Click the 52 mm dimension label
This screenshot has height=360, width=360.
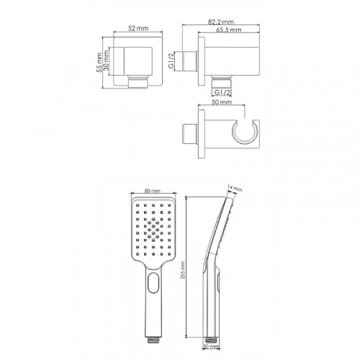coord(138,28)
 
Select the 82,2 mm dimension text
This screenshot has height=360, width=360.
coord(221,22)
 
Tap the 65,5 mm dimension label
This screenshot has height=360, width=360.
coord(229,30)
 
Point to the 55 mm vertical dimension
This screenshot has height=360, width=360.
coord(99,63)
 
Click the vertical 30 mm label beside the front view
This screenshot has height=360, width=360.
coord(106,61)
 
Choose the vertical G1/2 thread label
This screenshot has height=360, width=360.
coord(171,61)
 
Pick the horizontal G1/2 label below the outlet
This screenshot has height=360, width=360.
coord(222,92)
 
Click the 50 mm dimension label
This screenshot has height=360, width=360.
coord(222,102)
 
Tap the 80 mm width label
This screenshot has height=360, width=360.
coord(153,191)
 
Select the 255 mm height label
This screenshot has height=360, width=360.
coord(183,270)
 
